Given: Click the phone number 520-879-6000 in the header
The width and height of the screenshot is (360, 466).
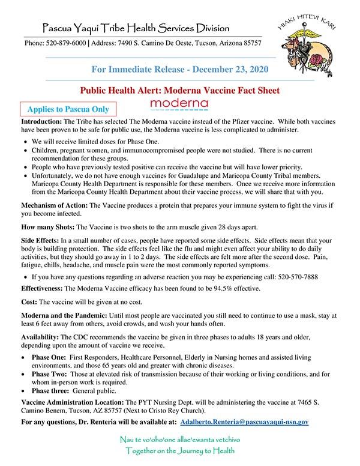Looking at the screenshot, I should coord(64,43).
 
